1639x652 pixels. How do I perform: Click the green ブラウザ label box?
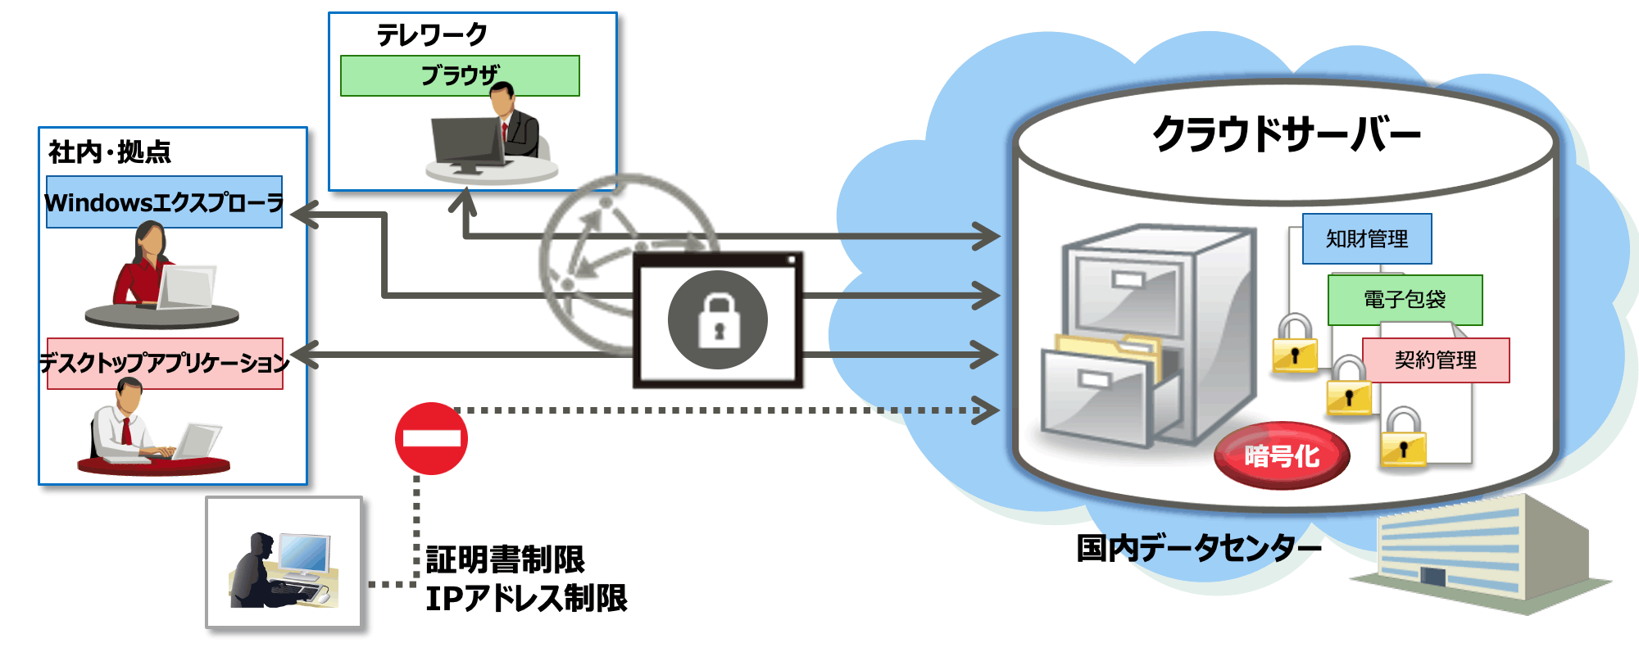click(x=460, y=75)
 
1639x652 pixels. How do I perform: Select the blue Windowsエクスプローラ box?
click(x=164, y=201)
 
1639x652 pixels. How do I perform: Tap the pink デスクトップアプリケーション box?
click(x=165, y=363)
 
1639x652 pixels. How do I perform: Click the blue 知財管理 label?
click(x=1367, y=238)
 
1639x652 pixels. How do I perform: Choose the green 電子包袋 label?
click(x=1405, y=300)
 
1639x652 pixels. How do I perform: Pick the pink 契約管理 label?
click(x=1436, y=360)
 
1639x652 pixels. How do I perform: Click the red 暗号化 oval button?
click(x=1282, y=455)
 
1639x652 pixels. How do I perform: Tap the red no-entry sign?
click(x=431, y=438)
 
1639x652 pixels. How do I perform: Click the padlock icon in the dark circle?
click(x=718, y=319)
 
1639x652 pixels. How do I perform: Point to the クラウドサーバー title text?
click(x=1286, y=134)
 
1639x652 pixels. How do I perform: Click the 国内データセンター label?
click(x=1199, y=547)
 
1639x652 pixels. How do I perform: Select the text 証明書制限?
click(x=505, y=560)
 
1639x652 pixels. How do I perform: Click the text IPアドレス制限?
click(x=526, y=598)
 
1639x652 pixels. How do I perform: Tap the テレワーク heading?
click(x=432, y=34)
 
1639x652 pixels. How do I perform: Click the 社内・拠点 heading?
click(x=110, y=152)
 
